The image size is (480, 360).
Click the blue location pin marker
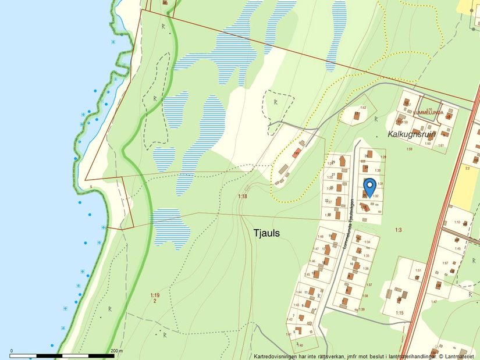[x=369, y=188]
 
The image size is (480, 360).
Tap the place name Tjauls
[x=266, y=233]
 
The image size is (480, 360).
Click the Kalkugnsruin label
[x=412, y=134]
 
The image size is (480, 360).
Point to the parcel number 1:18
[x=243, y=197]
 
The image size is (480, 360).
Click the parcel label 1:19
[x=154, y=295]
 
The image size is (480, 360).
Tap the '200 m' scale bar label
[x=116, y=351]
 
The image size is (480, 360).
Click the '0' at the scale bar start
[x=12, y=351]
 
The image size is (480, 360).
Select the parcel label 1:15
[x=399, y=313]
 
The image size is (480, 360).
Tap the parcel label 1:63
[x=363, y=108]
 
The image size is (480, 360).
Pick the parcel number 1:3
[x=399, y=230]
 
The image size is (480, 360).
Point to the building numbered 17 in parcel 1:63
[x=356, y=115]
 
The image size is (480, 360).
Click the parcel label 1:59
[x=409, y=149]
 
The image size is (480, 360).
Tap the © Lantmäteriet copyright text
[x=457, y=356]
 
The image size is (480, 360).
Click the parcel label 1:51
[x=417, y=270]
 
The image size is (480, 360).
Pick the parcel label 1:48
[x=320, y=237]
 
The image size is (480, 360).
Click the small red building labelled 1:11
[x=296, y=154]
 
